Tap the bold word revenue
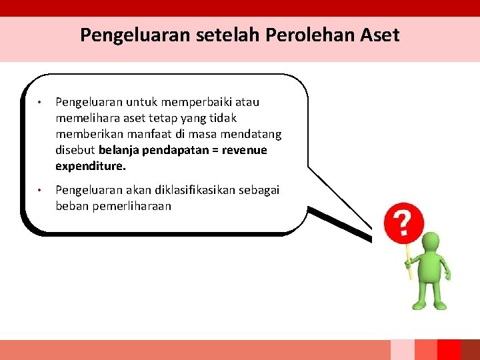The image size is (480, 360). (243, 150)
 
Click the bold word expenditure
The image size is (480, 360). (90, 166)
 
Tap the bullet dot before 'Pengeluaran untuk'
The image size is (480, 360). (41, 103)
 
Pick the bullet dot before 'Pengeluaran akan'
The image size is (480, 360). (41, 191)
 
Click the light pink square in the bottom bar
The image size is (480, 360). (402, 349)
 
